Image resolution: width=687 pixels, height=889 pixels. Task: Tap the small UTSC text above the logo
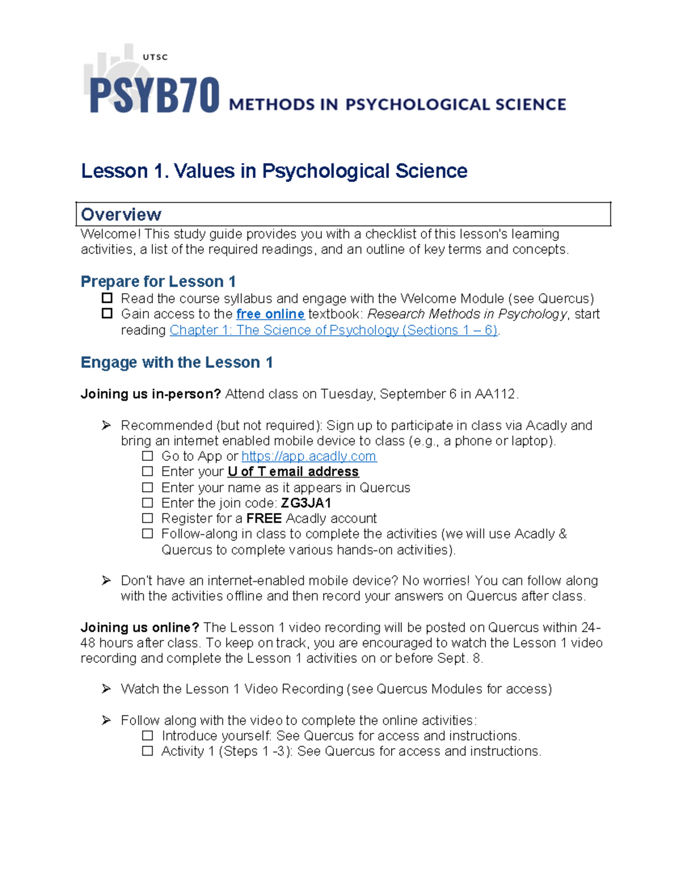155,57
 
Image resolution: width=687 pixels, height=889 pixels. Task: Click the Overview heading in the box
121,215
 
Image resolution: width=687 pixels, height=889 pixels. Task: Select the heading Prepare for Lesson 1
158,282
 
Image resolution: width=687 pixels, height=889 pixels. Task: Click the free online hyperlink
270,314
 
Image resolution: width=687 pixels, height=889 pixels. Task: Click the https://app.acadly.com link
309,456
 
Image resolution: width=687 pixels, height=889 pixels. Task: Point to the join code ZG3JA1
306,503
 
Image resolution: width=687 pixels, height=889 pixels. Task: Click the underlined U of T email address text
293,472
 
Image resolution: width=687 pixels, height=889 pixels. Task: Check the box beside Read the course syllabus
107,298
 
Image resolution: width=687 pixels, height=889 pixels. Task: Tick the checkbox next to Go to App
148,456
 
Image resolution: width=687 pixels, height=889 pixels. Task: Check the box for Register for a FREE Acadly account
148,518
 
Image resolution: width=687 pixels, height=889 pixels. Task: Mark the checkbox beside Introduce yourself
148,736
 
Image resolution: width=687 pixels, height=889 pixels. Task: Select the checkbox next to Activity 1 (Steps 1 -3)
148,751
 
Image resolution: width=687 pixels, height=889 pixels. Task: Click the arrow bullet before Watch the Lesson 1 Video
106,689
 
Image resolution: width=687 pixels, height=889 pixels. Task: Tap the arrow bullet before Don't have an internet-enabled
106,580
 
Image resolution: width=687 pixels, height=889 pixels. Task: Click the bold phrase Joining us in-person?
151,394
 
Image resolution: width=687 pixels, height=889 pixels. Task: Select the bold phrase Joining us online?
140,627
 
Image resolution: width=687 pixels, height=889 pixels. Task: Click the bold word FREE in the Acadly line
264,519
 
